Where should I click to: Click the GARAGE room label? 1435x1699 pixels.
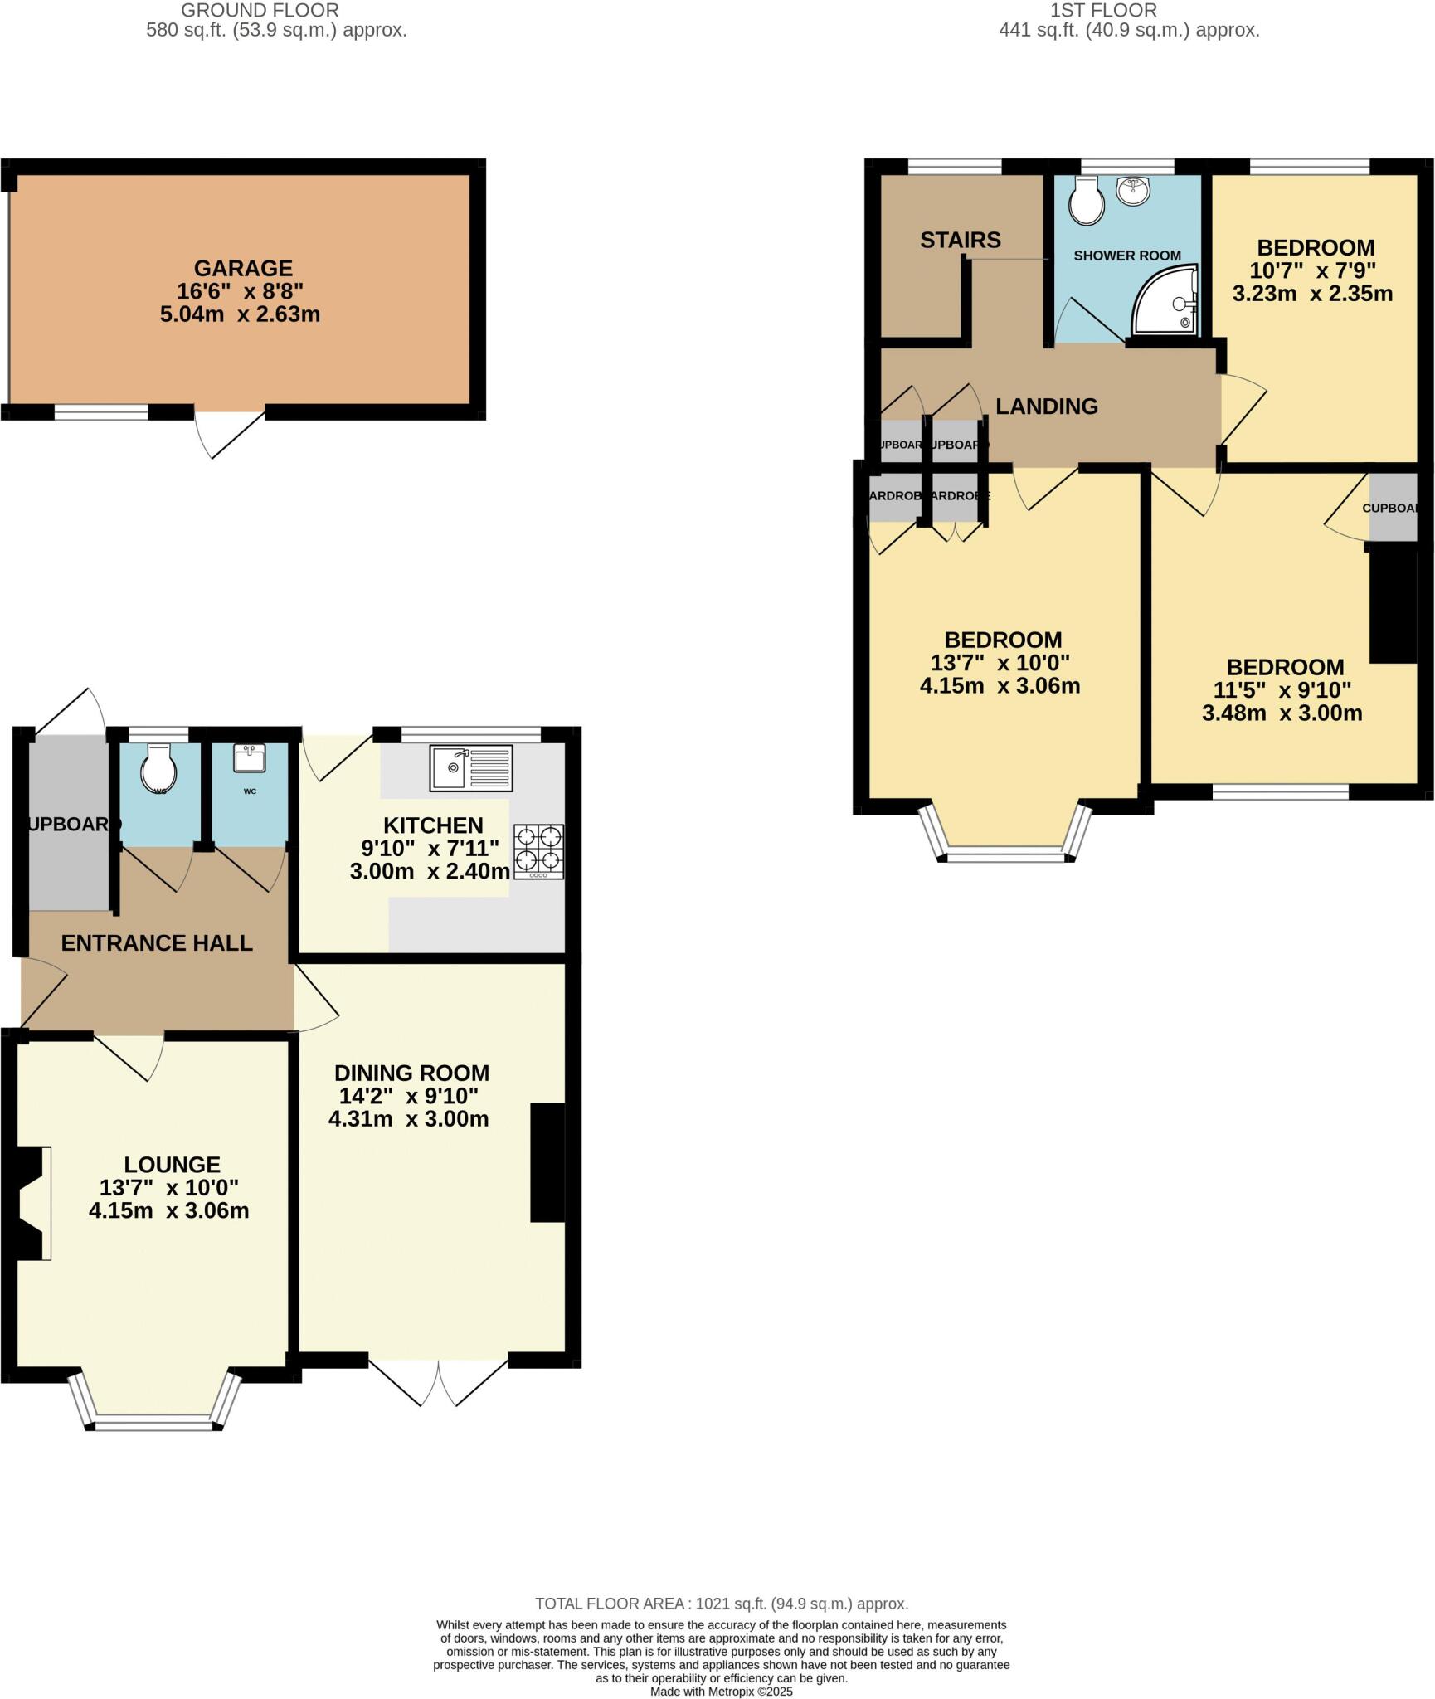tap(243, 268)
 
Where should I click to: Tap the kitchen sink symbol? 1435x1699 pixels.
tap(470, 767)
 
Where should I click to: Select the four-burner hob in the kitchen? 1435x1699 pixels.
tap(538, 851)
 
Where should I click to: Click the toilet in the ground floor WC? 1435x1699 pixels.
tap(158, 767)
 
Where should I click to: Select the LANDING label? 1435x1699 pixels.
tap(1046, 406)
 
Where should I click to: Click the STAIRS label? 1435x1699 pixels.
tap(960, 241)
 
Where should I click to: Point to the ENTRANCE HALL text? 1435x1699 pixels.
tap(157, 943)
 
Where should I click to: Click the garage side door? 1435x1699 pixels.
tap(230, 431)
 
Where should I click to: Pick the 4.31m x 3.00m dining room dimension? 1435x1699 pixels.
tap(408, 1119)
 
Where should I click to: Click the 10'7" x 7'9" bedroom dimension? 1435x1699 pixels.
tap(1315, 270)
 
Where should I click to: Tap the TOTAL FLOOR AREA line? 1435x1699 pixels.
tap(721, 1604)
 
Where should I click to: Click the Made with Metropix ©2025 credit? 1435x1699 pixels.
tap(721, 1691)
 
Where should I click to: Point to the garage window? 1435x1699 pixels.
tap(101, 411)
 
